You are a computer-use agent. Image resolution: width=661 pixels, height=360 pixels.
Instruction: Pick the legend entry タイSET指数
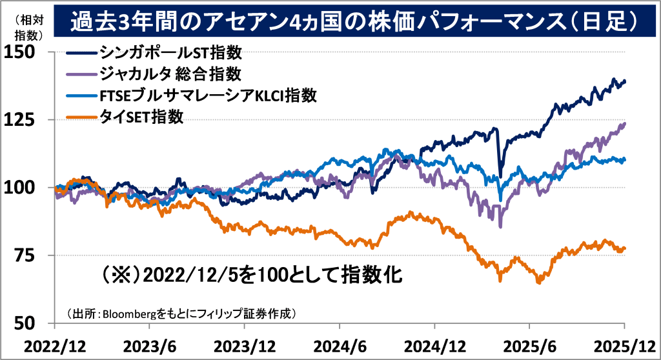pos(142,117)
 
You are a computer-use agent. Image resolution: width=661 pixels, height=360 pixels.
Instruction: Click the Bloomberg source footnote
pos(181,314)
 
